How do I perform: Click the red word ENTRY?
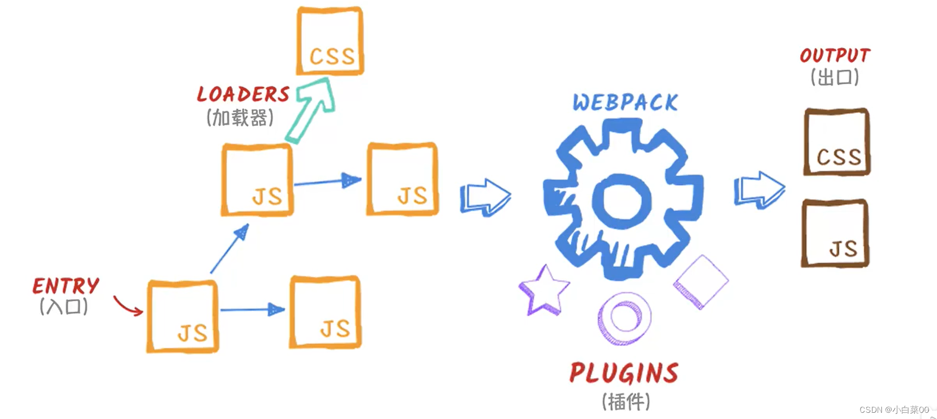65,286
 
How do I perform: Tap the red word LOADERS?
243,94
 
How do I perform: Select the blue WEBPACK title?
625,103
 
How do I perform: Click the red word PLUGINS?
624,373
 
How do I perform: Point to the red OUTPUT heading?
835,56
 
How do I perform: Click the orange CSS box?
330,42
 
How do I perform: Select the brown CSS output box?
837,142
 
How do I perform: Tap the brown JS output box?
835,234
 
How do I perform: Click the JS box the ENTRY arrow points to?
182,317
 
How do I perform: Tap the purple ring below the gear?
624,318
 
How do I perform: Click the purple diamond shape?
701,282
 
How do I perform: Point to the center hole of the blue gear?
622,200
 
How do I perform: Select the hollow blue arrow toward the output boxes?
759,190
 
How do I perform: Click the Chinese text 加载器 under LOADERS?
240,118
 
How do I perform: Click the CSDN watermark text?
894,410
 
